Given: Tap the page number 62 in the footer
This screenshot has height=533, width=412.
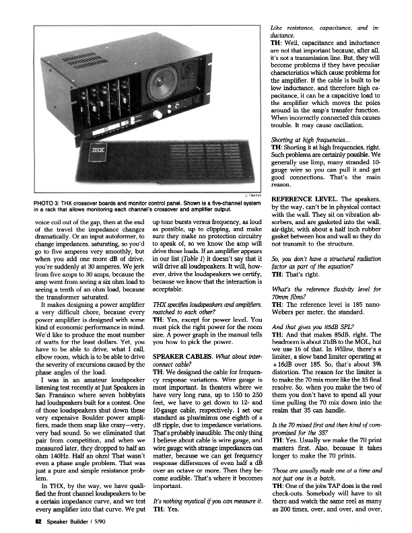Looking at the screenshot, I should pyautogui.click(x=22, y=520).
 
